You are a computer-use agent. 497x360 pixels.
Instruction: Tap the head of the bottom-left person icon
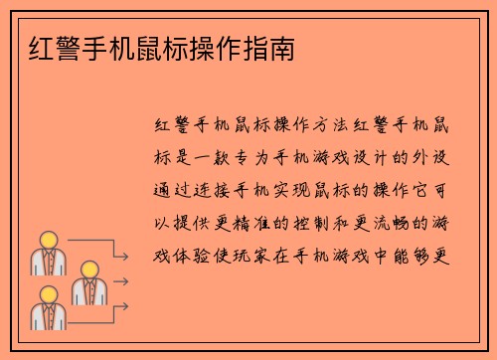click(x=47, y=294)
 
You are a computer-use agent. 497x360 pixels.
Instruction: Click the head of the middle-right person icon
click(x=90, y=269)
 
